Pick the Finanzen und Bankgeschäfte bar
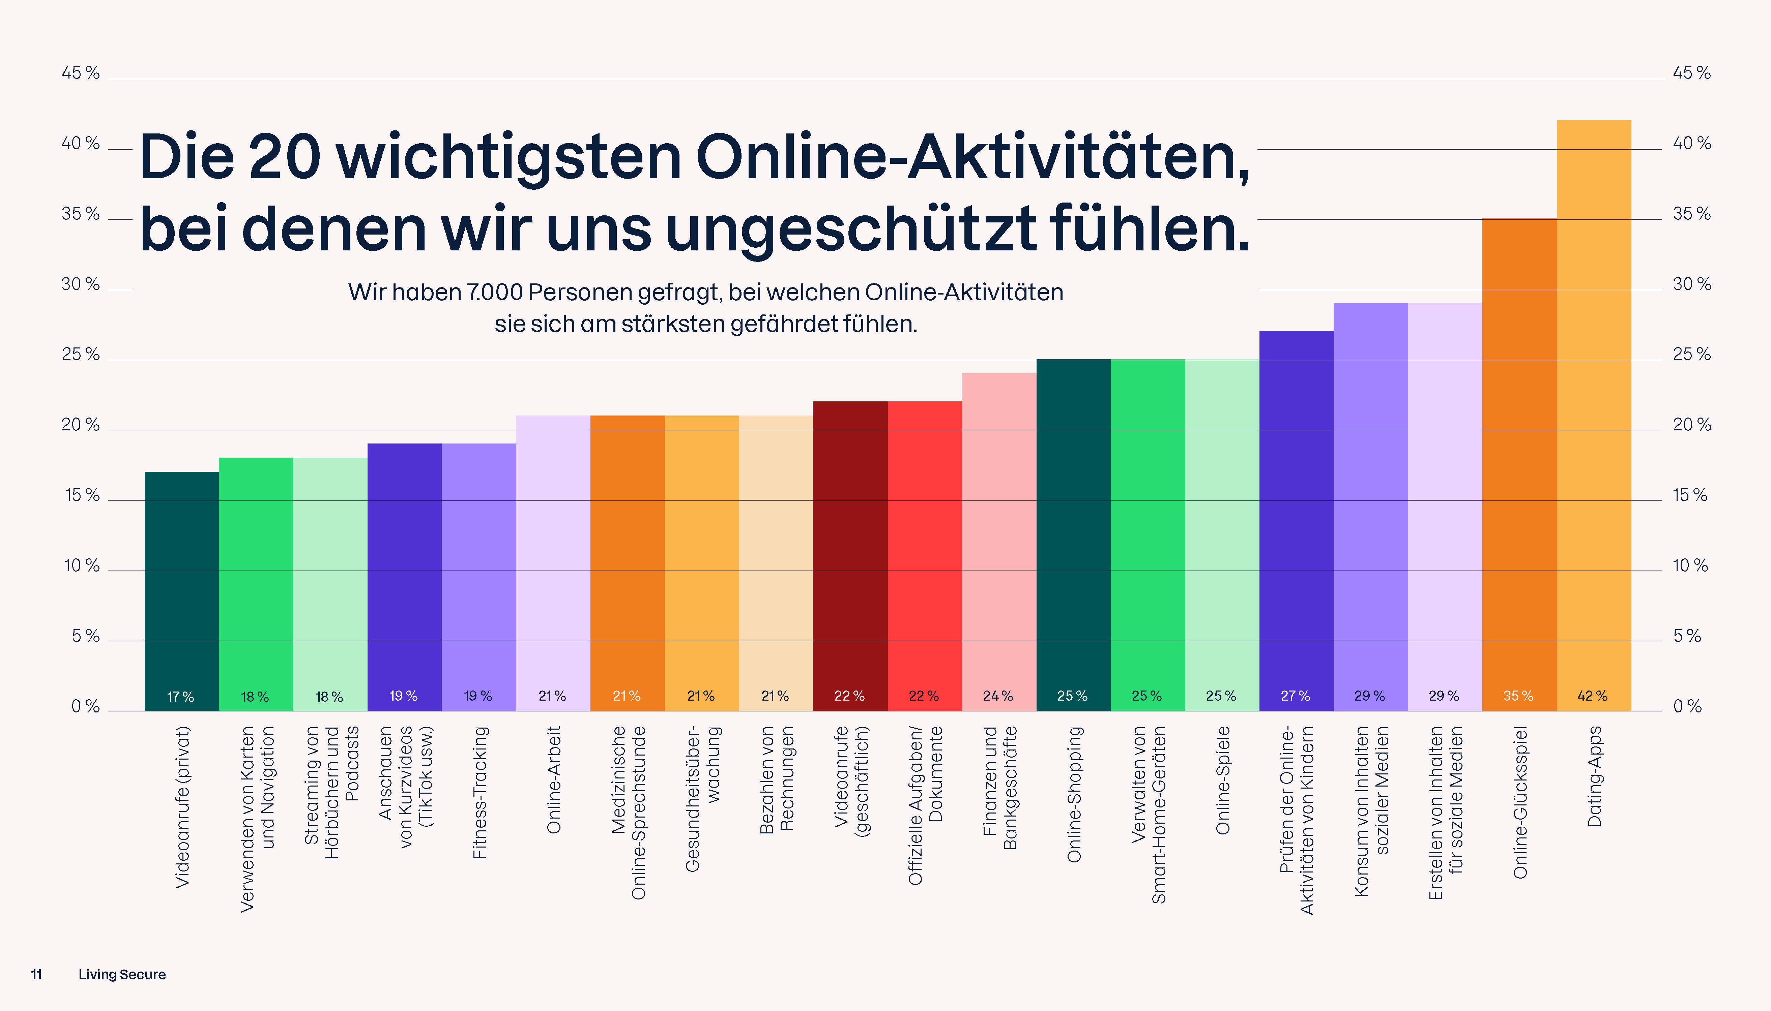point(998,542)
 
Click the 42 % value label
point(1592,696)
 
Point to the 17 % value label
point(181,697)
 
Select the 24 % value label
point(998,696)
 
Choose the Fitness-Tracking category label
point(480,792)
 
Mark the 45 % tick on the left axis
point(81,73)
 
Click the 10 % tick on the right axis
point(1690,566)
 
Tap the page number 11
point(36,974)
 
